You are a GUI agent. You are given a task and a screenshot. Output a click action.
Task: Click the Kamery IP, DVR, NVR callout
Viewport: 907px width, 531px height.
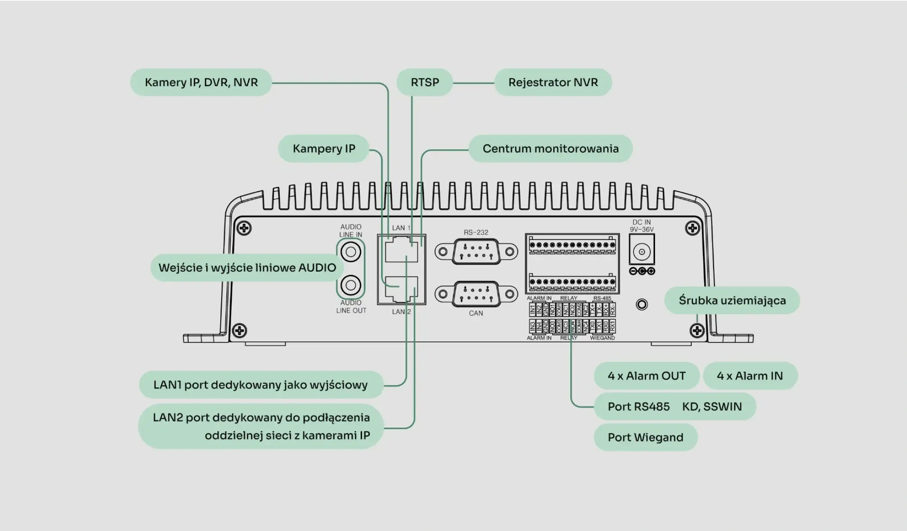tap(201, 83)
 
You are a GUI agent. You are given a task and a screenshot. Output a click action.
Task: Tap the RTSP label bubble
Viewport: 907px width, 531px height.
tap(424, 83)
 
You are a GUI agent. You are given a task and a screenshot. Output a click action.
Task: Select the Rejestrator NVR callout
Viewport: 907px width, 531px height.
tap(553, 83)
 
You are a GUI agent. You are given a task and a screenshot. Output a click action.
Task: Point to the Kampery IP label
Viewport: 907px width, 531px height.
tap(323, 149)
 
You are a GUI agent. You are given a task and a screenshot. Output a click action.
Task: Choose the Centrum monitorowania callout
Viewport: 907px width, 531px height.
tap(550, 149)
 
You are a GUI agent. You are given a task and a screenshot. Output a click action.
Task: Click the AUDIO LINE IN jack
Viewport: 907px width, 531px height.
tap(351, 252)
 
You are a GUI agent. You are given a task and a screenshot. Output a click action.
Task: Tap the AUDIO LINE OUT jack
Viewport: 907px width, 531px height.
tap(351, 285)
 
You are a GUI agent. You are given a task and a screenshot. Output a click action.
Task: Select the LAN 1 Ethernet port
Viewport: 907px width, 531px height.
tap(401, 250)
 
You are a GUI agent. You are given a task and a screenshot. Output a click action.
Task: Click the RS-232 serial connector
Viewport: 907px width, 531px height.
tap(476, 252)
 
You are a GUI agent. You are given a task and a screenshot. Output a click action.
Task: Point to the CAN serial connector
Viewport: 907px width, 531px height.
tap(476, 294)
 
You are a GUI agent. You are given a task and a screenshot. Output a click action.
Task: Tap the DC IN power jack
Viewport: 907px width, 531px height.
tap(642, 252)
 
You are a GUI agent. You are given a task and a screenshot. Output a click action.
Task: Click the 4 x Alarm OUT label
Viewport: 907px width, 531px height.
tap(646, 376)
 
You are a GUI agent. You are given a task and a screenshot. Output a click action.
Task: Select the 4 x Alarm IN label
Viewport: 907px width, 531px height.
tap(750, 376)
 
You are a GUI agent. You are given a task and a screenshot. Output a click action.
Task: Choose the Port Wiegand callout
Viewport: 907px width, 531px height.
tap(645, 437)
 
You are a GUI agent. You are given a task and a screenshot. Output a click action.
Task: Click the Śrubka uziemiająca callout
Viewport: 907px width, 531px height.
tap(732, 300)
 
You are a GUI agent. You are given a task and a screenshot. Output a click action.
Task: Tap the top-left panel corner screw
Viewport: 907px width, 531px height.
tap(244, 228)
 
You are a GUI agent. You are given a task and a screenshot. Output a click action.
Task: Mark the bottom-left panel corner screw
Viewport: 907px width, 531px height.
tap(240, 331)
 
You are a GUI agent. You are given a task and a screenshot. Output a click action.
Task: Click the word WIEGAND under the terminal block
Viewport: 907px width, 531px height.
tap(602, 338)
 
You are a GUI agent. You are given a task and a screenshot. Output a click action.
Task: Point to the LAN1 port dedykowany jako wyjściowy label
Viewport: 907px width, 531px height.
tap(260, 385)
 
